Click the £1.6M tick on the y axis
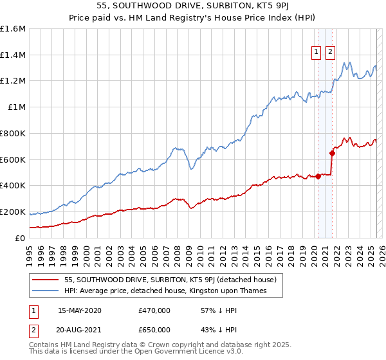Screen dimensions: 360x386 13,29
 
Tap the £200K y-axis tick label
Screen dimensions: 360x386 13,212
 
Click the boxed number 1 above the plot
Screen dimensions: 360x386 317,53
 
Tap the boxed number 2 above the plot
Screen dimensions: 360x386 330,53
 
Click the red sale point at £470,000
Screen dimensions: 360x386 317,176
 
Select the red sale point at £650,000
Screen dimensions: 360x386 332,153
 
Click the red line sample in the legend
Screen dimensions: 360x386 46,280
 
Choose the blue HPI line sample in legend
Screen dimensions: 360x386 46,291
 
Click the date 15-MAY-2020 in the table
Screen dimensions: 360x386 79,310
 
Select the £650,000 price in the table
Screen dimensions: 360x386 154,330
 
